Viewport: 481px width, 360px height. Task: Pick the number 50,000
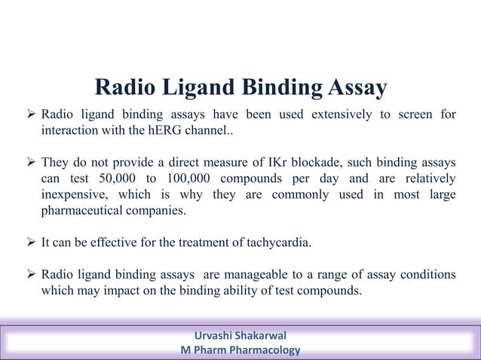(119, 178)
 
